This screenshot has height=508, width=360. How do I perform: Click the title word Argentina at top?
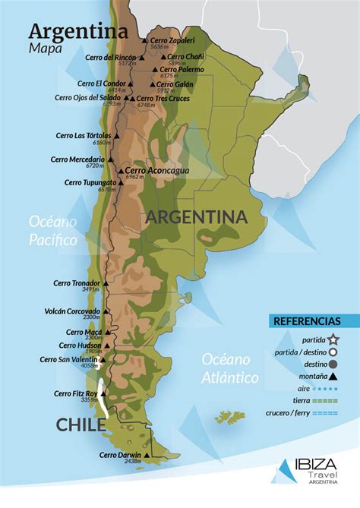point(77,32)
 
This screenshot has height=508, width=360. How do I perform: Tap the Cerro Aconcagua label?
point(157,171)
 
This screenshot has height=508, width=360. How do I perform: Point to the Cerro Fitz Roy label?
point(77,393)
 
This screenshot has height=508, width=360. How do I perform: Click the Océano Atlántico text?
point(231,368)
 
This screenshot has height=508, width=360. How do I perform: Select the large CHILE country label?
point(81,425)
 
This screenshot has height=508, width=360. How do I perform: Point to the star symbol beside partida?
point(334,339)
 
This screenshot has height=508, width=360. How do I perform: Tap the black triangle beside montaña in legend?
point(334,376)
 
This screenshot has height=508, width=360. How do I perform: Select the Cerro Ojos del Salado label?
point(87,97)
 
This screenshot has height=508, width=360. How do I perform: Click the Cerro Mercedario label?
point(77,159)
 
